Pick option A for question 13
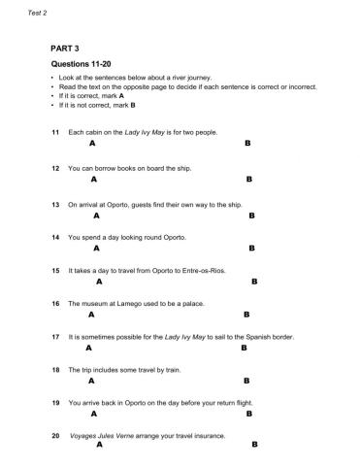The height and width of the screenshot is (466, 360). [x=95, y=216]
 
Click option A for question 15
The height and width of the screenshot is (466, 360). [x=99, y=282]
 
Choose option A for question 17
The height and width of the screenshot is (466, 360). [x=89, y=348]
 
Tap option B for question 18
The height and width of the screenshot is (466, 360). [x=246, y=381]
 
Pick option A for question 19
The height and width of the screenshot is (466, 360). [x=93, y=414]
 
